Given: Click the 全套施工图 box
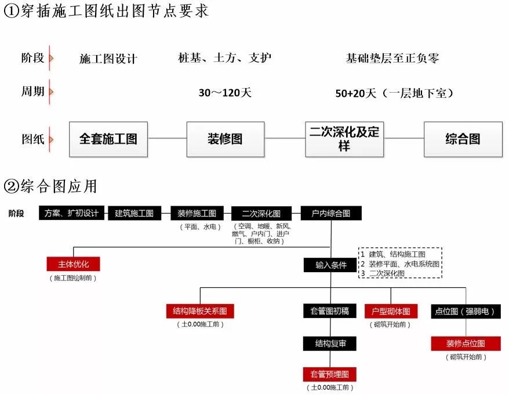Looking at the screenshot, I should (108, 139).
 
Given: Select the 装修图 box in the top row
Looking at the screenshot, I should (225, 139).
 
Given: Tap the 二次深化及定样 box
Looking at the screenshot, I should (344, 139).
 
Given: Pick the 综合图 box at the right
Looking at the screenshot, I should (463, 139).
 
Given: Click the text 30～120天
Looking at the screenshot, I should (225, 93).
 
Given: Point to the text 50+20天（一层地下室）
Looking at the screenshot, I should (394, 93).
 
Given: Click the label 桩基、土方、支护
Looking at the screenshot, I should (224, 58).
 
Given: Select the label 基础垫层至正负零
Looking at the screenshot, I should (392, 58).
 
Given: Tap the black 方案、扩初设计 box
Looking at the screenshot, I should (72, 213).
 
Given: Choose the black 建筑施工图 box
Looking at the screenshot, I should (134, 213).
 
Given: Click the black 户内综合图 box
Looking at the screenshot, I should (331, 213).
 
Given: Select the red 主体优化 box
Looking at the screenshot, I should (74, 264).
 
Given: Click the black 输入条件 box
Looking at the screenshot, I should (331, 265).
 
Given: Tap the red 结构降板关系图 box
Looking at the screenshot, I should (200, 311).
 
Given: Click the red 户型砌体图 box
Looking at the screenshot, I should (391, 311).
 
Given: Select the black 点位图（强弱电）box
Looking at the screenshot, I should (465, 311).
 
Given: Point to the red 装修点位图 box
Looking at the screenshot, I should (465, 343).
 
